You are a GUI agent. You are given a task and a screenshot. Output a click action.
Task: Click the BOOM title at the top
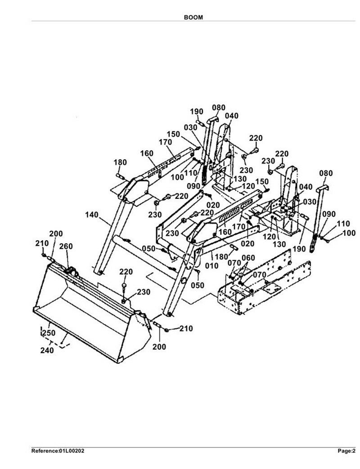193,18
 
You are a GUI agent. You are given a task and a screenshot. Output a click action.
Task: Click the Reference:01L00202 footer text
58,451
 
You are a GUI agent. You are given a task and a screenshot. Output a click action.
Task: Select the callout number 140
91,215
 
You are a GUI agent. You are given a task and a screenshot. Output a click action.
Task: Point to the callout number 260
66,246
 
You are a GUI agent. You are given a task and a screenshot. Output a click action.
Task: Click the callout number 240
47,350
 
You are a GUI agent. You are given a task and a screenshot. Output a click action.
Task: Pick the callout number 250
49,333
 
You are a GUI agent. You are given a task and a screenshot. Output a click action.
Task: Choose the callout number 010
212,265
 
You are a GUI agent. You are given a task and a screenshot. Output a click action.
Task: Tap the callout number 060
248,258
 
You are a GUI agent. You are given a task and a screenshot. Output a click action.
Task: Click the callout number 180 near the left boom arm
120,162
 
